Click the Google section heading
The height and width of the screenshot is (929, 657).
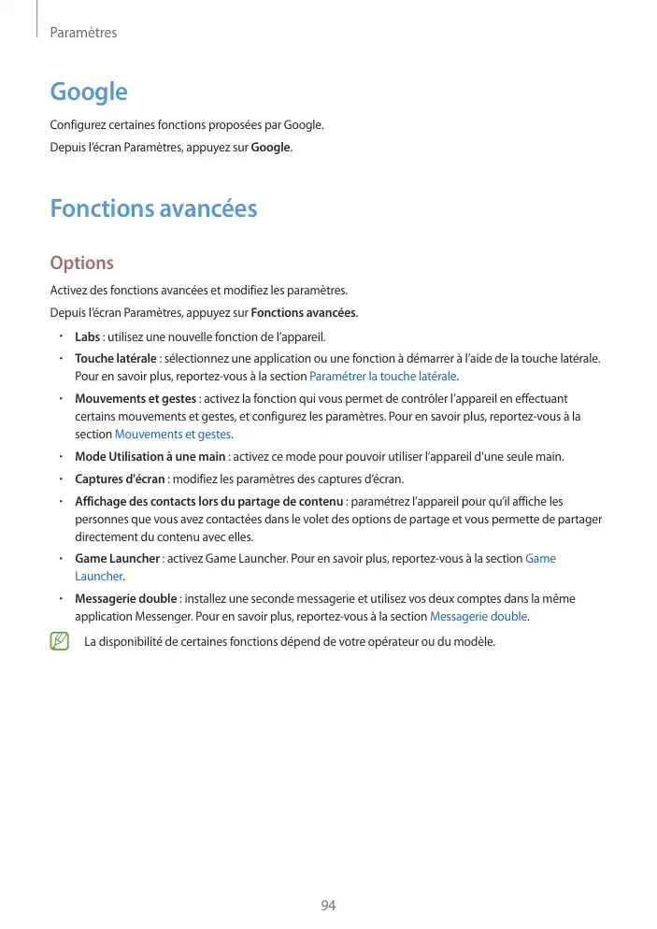(x=88, y=92)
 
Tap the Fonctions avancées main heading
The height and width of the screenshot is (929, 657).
(x=153, y=208)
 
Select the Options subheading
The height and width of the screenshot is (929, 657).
(x=81, y=264)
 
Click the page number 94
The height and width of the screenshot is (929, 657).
(x=328, y=906)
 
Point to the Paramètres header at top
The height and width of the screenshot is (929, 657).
(x=83, y=33)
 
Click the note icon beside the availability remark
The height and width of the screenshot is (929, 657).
(x=60, y=641)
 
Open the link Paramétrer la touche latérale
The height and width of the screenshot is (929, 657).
(x=382, y=377)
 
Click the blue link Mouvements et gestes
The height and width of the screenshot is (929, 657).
(x=173, y=435)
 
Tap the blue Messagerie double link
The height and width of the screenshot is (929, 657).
(x=478, y=617)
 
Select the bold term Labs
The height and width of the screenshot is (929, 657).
(x=87, y=336)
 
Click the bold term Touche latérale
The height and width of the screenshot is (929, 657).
(x=116, y=359)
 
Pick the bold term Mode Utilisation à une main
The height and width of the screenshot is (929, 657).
(x=150, y=457)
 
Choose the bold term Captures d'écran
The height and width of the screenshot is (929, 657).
(x=121, y=479)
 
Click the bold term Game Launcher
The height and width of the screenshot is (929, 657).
(x=118, y=559)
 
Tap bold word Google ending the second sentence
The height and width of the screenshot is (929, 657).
(x=271, y=148)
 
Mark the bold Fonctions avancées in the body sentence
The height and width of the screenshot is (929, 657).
(x=304, y=313)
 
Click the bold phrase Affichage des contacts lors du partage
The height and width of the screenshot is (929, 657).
(x=209, y=502)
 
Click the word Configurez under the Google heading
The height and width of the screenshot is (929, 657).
(x=79, y=125)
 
